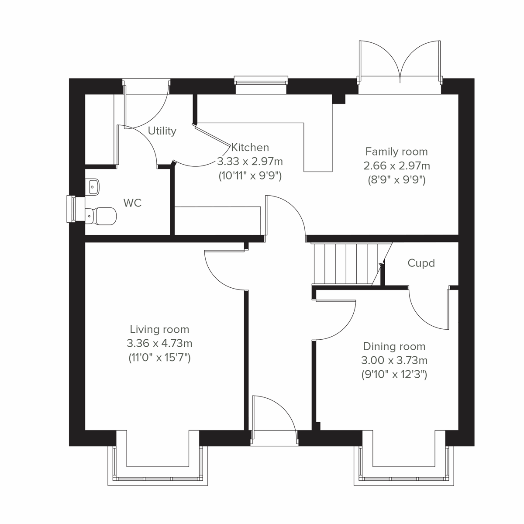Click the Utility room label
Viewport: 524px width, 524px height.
162,131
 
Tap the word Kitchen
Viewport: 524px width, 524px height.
250,148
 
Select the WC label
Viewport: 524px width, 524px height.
132,203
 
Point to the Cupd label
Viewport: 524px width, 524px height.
421,263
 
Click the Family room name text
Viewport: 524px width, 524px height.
396,152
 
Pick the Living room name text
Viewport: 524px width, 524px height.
159,329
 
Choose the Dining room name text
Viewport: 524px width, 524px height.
394,347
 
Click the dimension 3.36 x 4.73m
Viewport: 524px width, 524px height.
159,344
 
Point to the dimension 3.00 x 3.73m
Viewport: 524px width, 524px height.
394,361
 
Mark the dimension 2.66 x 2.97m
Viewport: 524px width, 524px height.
396,166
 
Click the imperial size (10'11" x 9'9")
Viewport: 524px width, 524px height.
250,176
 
